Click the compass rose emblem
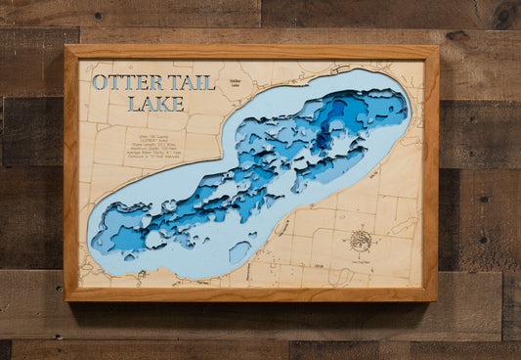(362, 238)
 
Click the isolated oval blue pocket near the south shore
(239, 252)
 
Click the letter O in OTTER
(100, 84)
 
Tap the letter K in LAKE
(139, 103)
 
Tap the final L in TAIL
(210, 83)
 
